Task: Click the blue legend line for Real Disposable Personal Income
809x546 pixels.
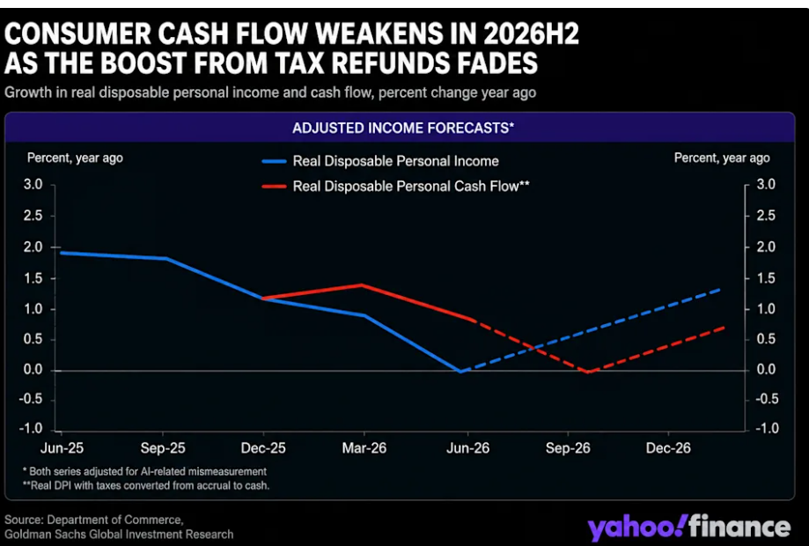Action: click(x=274, y=161)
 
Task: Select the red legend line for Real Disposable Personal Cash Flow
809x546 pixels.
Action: click(x=274, y=187)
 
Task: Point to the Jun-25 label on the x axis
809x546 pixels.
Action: click(x=62, y=448)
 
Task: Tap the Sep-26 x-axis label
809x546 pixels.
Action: click(x=568, y=448)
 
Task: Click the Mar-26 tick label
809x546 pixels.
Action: click(x=364, y=448)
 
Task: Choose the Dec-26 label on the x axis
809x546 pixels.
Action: click(x=668, y=448)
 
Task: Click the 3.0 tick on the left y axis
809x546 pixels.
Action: click(x=33, y=184)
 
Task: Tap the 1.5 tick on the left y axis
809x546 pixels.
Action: click(x=33, y=278)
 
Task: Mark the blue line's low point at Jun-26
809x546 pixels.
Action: click(x=460, y=371)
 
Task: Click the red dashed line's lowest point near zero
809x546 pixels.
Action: click(x=588, y=372)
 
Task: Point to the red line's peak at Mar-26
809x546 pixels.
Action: click(x=362, y=284)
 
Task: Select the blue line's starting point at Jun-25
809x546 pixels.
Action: click(x=62, y=253)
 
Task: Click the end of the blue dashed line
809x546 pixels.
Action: click(x=719, y=290)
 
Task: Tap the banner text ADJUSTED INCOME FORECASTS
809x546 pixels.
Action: click(x=403, y=128)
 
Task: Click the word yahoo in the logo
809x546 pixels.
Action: click(x=637, y=528)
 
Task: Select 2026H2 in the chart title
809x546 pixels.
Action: click(x=531, y=34)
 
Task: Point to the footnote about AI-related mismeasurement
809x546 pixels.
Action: click(x=145, y=471)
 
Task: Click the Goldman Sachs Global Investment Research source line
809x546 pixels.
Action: click(x=119, y=535)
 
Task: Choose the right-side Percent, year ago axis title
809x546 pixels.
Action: click(x=722, y=158)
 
